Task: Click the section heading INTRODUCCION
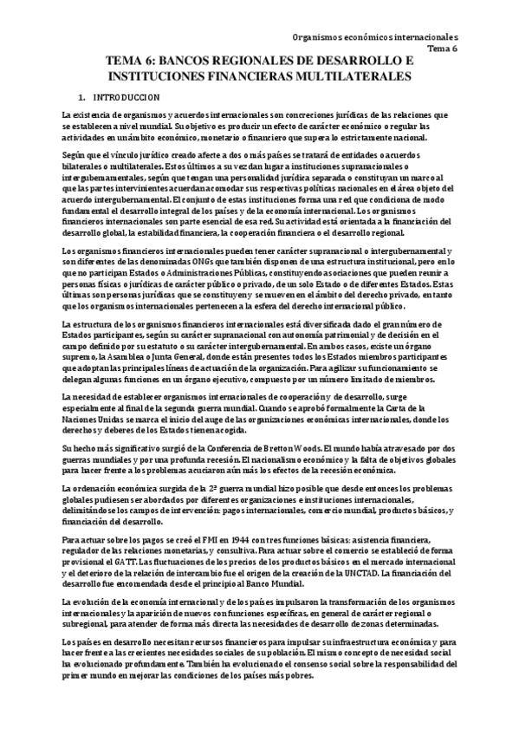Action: click(126, 98)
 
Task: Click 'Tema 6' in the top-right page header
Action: click(444, 49)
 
